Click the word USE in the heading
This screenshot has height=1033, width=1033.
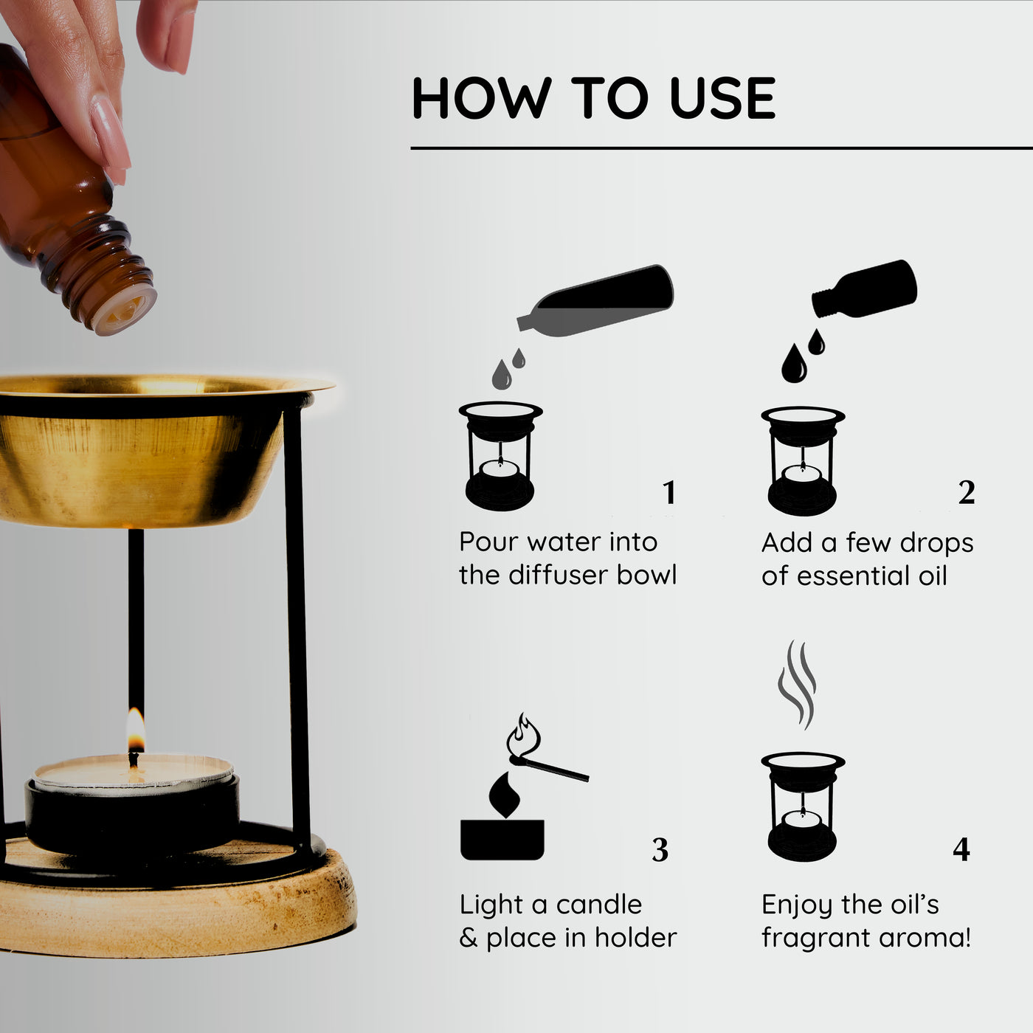point(722,98)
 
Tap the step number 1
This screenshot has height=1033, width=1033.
point(669,493)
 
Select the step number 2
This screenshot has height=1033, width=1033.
point(967,493)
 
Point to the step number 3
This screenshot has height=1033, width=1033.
point(660,851)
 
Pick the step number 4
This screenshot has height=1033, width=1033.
point(961,850)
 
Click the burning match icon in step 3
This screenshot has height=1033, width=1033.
point(546,756)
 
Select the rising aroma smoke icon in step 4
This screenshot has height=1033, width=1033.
point(797,683)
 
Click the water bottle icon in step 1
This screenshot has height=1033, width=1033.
point(598,303)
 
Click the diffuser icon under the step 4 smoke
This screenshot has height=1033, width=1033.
point(803,808)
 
